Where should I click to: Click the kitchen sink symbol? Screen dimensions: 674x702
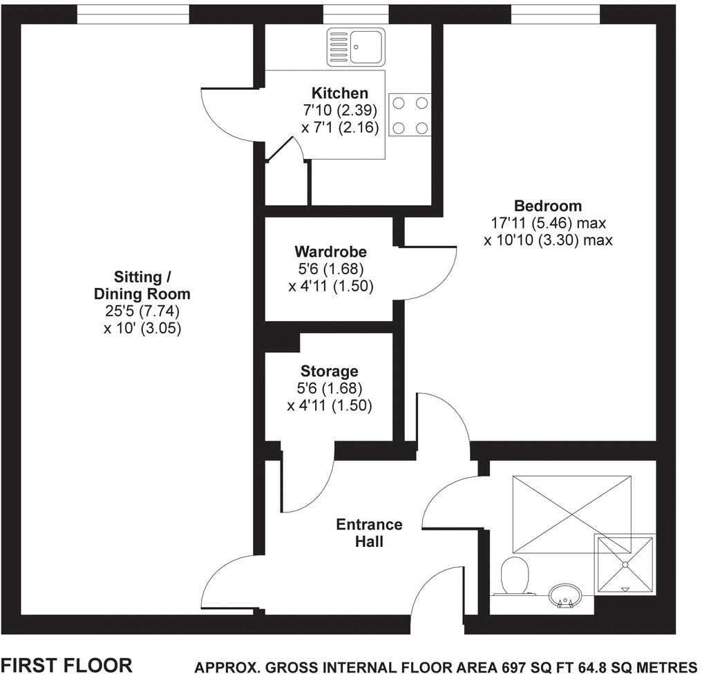(356, 48)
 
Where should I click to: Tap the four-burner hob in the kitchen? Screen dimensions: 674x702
(410, 115)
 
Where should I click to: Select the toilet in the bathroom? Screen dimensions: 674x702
(514, 575)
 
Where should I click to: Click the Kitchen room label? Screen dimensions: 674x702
(339, 93)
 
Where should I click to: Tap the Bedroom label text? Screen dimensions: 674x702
(548, 206)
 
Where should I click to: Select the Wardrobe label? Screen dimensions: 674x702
(330, 251)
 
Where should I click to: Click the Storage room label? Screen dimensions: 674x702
(329, 372)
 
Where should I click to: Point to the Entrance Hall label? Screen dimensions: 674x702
(369, 532)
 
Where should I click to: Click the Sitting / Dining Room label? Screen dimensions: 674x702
(142, 285)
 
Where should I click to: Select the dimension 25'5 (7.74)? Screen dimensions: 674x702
(142, 311)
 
